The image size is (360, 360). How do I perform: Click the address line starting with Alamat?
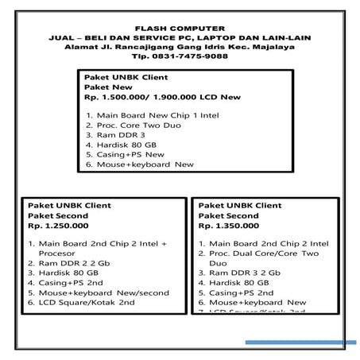(x=180, y=48)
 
